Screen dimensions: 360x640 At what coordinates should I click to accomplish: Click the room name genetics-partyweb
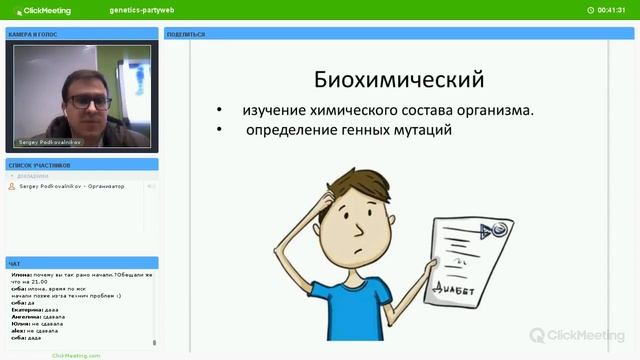pyautogui.click(x=138, y=9)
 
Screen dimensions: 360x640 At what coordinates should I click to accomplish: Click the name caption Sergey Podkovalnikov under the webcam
pyautogui.click(x=49, y=142)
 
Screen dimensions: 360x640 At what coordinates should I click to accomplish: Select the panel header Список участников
pyautogui.click(x=39, y=165)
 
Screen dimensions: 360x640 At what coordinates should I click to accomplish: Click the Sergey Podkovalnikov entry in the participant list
pyautogui.click(x=72, y=186)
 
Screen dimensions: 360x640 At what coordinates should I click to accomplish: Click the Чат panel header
pyautogui.click(x=14, y=264)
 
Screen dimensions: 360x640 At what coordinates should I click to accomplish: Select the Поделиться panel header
pyautogui.click(x=186, y=34)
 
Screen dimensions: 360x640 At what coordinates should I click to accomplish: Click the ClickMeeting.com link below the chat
pyautogui.click(x=76, y=354)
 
